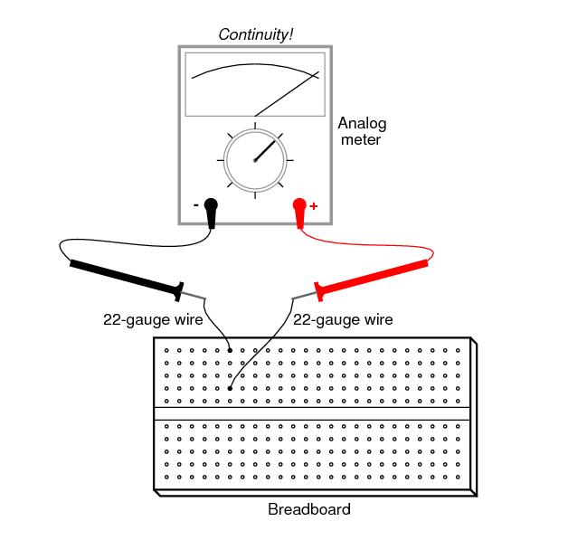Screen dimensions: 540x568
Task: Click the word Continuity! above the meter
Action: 256,35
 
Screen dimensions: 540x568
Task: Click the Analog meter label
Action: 361,131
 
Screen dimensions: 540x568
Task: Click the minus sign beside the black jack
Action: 195,205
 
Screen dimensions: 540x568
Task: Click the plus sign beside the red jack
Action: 314,206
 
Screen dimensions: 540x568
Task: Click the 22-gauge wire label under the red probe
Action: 343,319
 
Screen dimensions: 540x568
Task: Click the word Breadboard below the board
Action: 309,509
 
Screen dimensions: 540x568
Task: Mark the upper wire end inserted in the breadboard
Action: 231,349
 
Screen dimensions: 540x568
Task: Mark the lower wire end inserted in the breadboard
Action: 231,388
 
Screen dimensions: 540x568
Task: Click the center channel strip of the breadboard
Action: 312,413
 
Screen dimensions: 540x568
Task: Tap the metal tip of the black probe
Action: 196,297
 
